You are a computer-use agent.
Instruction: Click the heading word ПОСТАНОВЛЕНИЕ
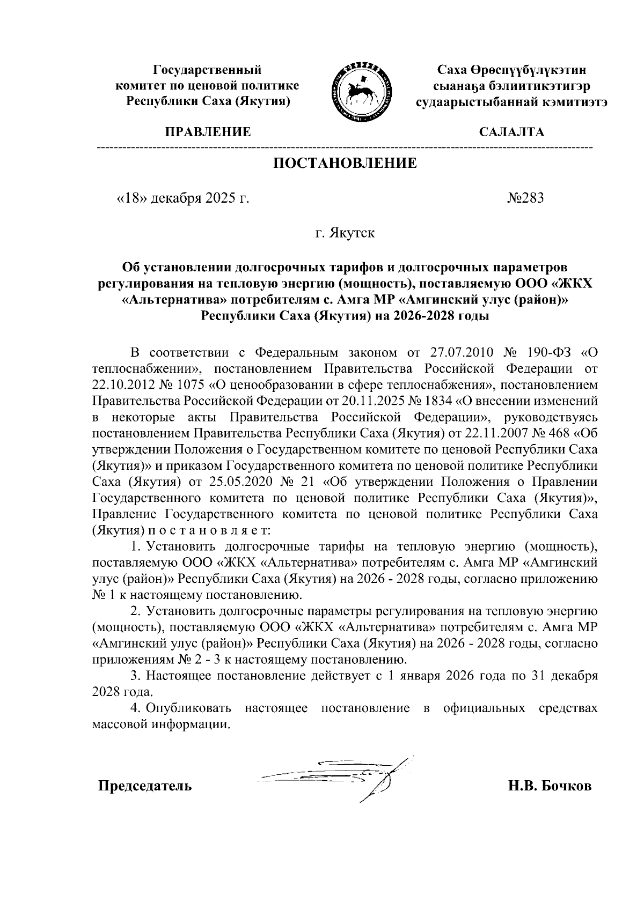[345, 163]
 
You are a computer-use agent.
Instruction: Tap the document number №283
[525, 198]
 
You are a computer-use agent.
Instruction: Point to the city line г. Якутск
[345, 233]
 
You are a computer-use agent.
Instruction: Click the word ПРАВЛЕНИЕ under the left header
[208, 132]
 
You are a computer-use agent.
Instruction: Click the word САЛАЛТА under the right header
[511, 132]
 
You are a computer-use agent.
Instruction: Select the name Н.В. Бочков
[550, 787]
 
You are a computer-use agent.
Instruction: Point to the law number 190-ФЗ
[547, 353]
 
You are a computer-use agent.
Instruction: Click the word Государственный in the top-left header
[208, 70]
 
